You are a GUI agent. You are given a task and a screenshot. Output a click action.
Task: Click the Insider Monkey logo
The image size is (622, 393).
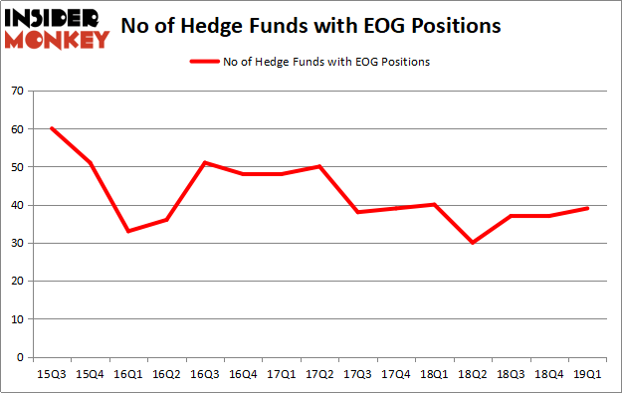tap(58, 28)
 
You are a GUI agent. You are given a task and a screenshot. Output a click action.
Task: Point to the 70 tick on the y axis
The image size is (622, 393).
tap(17, 92)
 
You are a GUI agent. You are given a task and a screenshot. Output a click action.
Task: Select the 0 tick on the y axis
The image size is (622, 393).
tap(20, 356)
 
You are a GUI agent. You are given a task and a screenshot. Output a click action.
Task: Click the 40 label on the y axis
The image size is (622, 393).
tap(17, 205)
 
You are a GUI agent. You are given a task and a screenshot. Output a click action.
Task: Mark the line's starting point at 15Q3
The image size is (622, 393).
tap(51, 128)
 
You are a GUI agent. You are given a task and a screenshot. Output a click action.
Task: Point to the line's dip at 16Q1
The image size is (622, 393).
tap(126, 231)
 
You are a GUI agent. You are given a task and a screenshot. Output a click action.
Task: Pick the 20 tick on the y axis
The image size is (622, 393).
tap(17, 281)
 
